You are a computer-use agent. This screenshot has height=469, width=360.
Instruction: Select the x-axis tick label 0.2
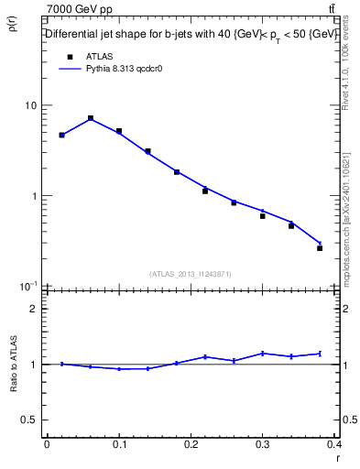pyautogui.click(x=191, y=444)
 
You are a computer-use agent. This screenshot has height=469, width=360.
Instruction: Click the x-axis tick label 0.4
pyautogui.click(x=334, y=444)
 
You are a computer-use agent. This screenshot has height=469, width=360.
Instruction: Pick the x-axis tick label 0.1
pyautogui.click(x=118, y=444)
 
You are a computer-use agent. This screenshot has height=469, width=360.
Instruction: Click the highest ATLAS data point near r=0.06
pyautogui.click(x=91, y=118)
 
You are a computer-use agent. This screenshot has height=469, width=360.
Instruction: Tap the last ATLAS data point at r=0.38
pyautogui.click(x=320, y=248)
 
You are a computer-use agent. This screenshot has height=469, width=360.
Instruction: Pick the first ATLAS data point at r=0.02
pyautogui.click(x=61, y=135)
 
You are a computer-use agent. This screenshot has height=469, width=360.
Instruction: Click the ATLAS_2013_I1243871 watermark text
pyautogui.click(x=191, y=274)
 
